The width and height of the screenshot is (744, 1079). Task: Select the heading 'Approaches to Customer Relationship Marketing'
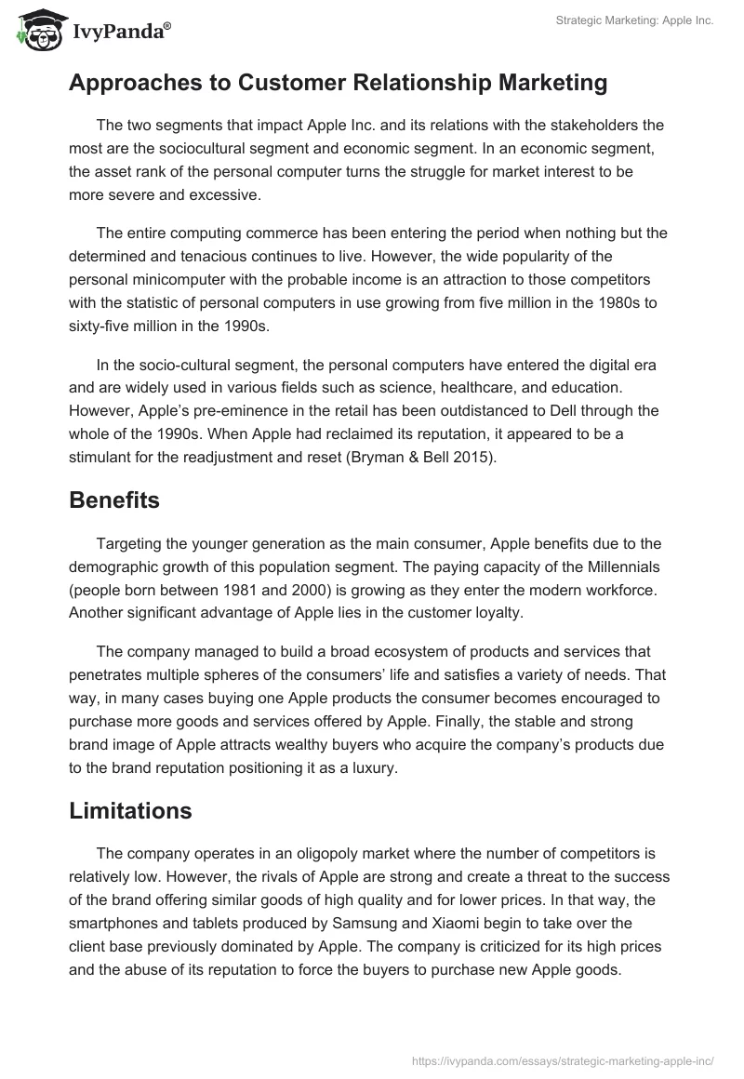tap(338, 83)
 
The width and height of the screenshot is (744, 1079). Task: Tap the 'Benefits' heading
tap(114, 500)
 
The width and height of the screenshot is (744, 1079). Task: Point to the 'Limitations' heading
tap(130, 810)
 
